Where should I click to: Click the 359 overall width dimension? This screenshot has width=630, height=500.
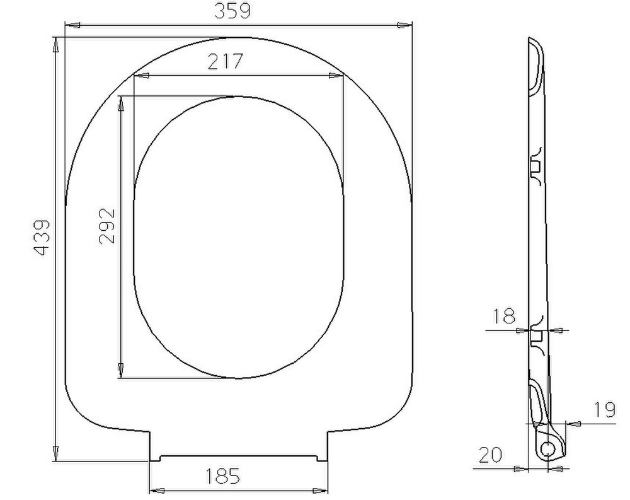(232, 11)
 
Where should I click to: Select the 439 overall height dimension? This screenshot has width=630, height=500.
(42, 238)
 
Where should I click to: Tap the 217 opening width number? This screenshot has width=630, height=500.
(226, 62)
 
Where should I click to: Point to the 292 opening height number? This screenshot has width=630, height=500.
(107, 226)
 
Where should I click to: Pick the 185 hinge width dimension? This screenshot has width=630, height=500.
(222, 476)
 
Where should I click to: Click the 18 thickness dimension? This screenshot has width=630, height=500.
(503, 316)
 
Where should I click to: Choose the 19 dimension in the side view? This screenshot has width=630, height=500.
(604, 409)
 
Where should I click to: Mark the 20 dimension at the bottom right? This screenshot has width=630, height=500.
(491, 455)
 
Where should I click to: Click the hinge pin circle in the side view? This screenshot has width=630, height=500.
(547, 448)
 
